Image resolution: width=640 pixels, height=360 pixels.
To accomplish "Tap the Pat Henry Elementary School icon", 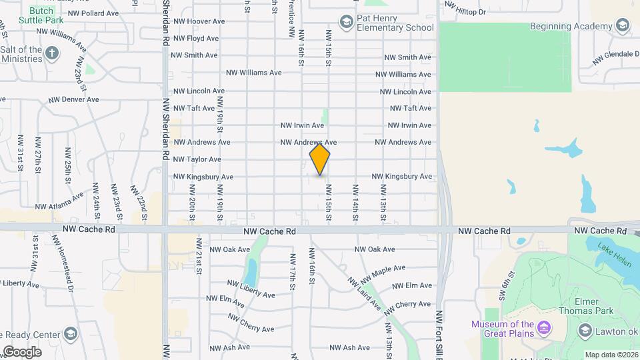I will (345, 23).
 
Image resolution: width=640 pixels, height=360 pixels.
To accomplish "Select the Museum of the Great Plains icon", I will (544, 329).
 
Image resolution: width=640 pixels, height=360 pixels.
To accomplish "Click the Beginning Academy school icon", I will (622, 26).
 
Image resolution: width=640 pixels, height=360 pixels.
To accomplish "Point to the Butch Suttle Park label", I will (41, 15).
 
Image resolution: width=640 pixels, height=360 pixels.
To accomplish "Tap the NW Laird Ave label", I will (363, 293).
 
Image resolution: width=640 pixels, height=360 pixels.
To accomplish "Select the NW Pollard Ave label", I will (93, 13).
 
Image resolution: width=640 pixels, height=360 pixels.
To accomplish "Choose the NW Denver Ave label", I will (73, 99).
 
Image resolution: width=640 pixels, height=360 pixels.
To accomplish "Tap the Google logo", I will (22, 351).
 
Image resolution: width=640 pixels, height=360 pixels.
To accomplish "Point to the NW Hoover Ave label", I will (195, 21).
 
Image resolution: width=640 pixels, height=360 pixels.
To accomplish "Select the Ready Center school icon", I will (71, 334).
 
